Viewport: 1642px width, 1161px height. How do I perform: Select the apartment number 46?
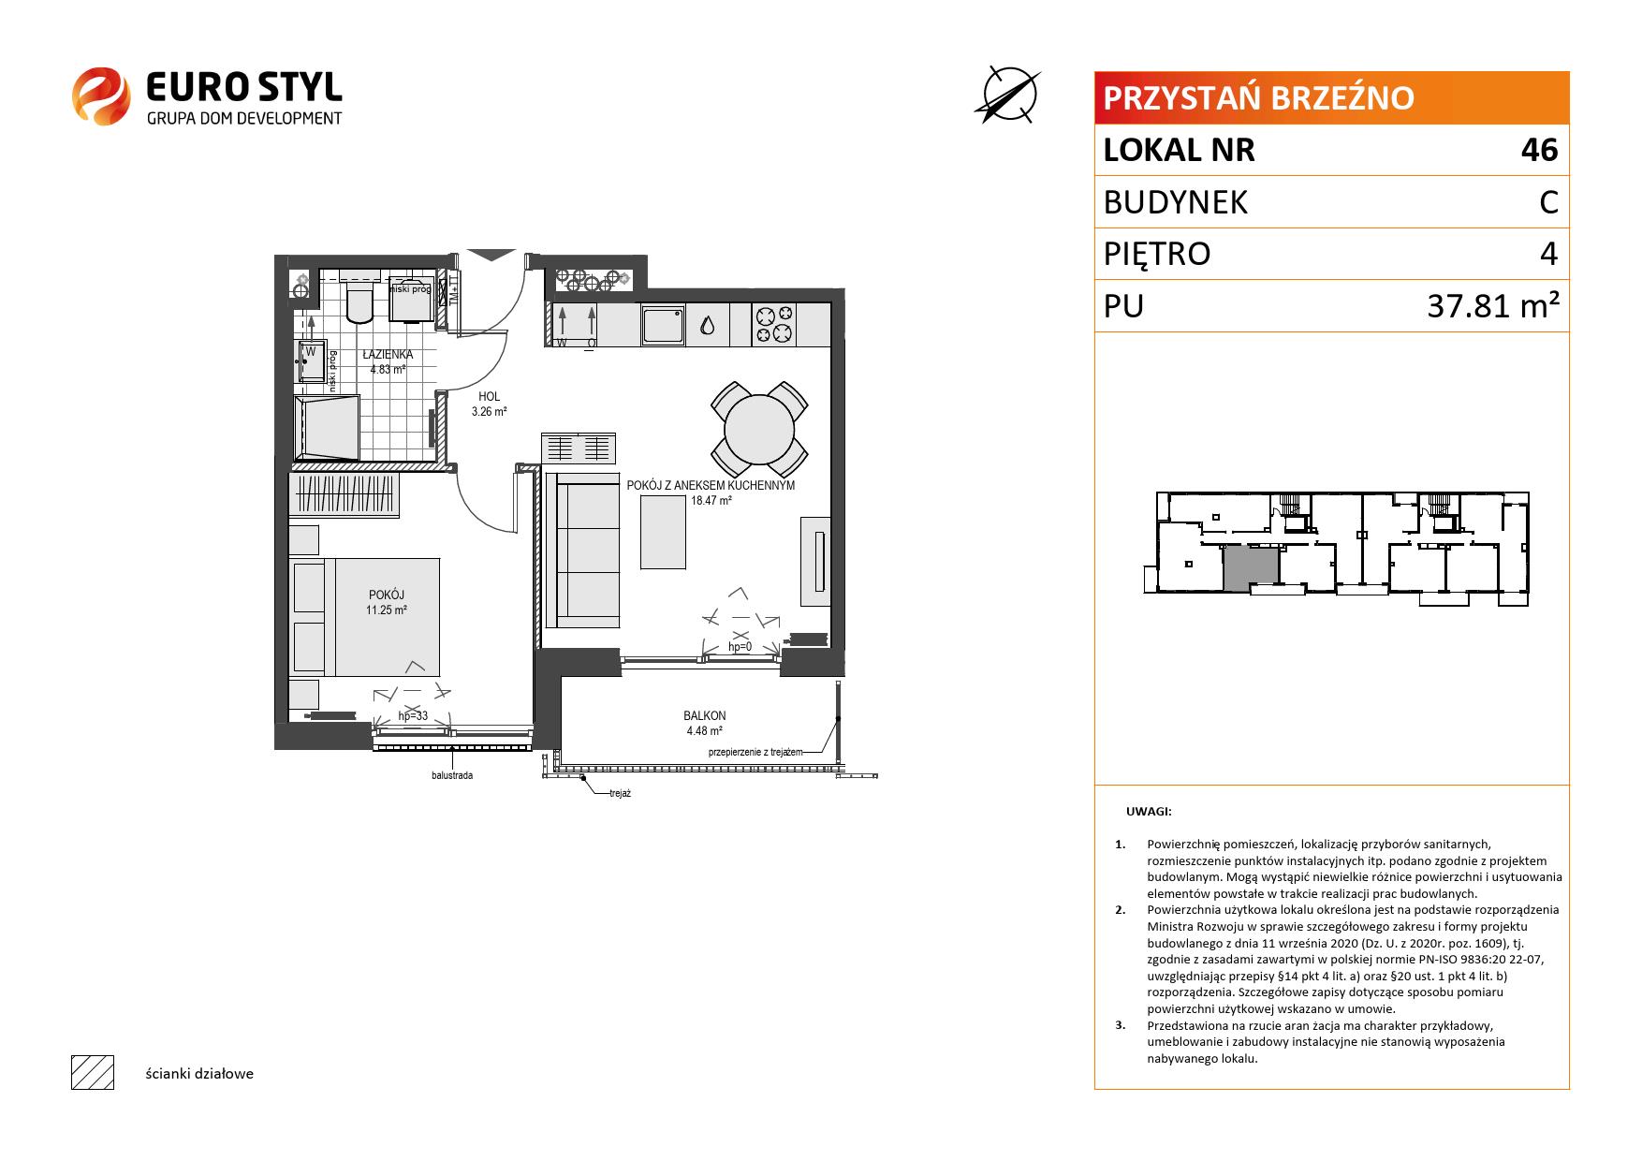click(1540, 150)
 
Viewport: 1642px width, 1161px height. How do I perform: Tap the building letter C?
click(1548, 202)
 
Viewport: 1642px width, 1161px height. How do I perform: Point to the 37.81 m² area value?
click(1493, 305)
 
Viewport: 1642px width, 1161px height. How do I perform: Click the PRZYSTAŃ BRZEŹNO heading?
click(1259, 97)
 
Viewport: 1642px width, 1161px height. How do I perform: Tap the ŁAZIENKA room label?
click(388, 355)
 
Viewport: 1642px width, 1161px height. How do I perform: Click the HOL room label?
click(489, 397)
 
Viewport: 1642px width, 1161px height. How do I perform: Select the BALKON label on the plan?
click(704, 716)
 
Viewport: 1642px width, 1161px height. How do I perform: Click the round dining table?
click(759, 428)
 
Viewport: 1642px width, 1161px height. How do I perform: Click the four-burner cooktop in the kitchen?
click(774, 325)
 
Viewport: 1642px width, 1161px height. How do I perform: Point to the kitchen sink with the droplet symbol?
click(707, 325)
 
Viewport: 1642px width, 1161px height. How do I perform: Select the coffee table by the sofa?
click(663, 532)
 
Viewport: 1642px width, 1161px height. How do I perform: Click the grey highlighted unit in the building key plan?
click(1251, 568)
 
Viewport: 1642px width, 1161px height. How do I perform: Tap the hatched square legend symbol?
click(93, 1073)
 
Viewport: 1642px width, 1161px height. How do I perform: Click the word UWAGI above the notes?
click(1149, 813)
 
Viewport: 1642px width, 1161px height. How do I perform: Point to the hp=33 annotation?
click(413, 716)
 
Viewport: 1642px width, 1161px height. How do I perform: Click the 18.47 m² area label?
click(711, 501)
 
